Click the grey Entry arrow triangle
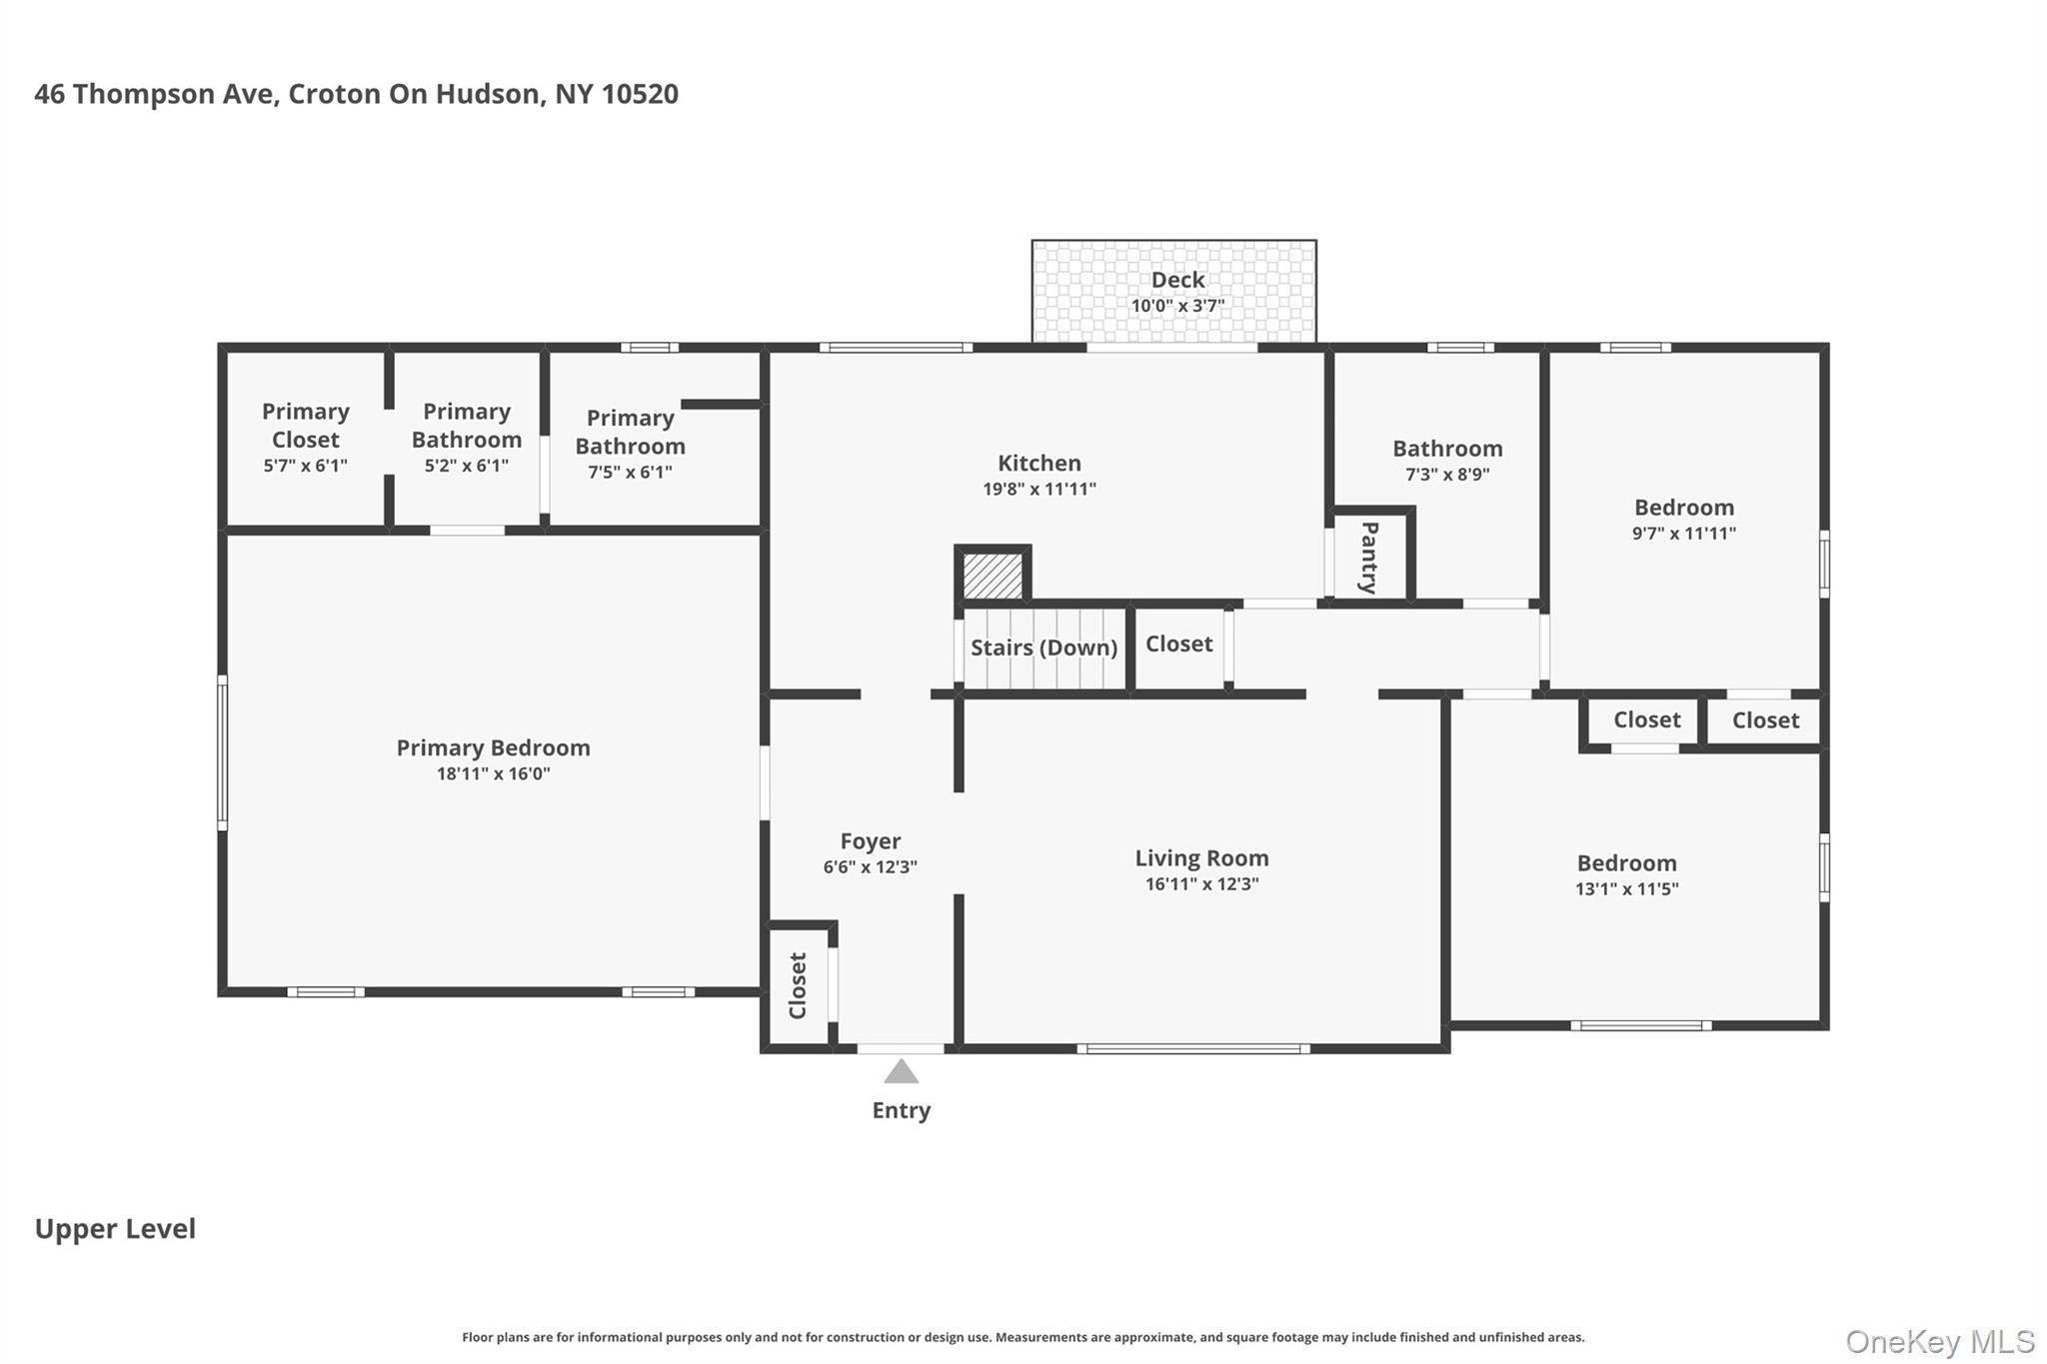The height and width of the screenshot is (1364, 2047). pos(901,1072)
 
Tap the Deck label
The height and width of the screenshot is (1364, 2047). pos(1177,280)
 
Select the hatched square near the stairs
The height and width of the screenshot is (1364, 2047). pos(993,576)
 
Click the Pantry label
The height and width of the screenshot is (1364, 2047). pos(1369,558)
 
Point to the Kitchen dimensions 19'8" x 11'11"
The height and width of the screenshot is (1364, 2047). pos(1038,490)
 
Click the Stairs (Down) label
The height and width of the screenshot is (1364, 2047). pos(1043,648)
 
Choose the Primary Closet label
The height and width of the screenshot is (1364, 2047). pos(305,426)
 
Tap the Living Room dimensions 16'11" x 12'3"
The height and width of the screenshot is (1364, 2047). pos(1201,884)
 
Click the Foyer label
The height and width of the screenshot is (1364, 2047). pos(870,841)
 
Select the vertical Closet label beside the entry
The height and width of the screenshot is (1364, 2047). pos(798,985)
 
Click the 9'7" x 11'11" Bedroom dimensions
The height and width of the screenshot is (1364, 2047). pos(1683,534)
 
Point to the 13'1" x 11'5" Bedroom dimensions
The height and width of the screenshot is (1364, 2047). pos(1626,889)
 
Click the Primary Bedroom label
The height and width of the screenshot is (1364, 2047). pos(493,747)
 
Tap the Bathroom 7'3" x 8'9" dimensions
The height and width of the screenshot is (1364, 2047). pos(1446,475)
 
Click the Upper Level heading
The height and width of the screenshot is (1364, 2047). pos(115,1229)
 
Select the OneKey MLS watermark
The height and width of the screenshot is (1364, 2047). pos(1939,1341)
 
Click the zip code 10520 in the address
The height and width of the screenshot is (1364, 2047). pos(640,94)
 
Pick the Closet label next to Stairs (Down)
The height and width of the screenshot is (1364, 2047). pos(1178,644)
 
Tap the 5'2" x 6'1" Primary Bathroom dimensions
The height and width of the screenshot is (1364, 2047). pos(466,466)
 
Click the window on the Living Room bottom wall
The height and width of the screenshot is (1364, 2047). pos(1193,1048)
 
